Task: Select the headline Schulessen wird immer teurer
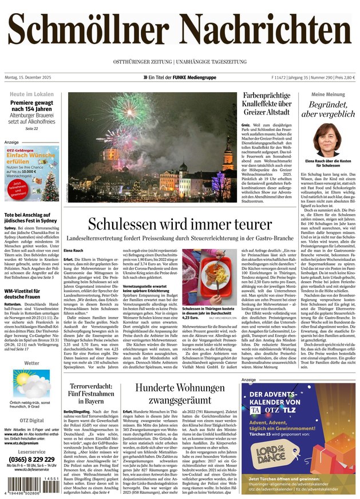[180, 224]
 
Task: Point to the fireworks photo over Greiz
[152, 148]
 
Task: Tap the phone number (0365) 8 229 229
[32, 460]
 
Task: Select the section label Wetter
[32, 363]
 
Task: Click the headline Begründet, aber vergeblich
[331, 110]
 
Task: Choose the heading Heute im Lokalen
[32, 94]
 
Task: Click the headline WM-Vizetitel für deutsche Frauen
[29, 295]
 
